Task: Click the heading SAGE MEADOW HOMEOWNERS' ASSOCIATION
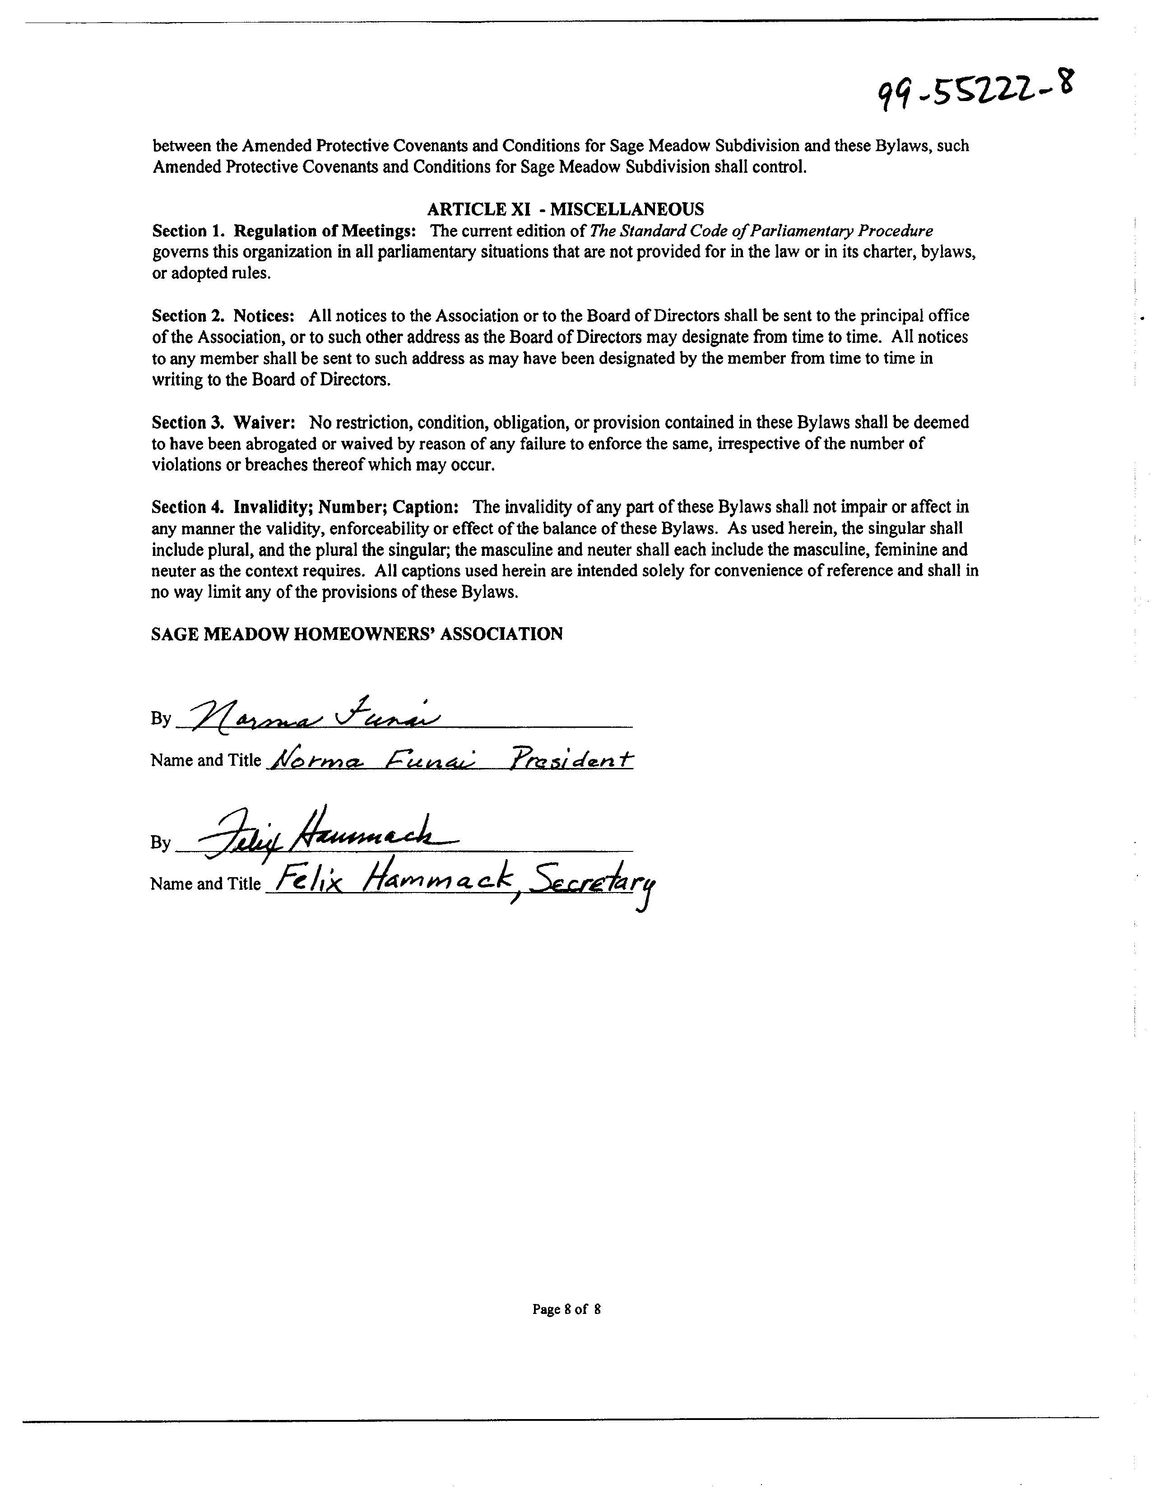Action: click(x=357, y=634)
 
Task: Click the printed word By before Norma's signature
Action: click(x=161, y=719)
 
